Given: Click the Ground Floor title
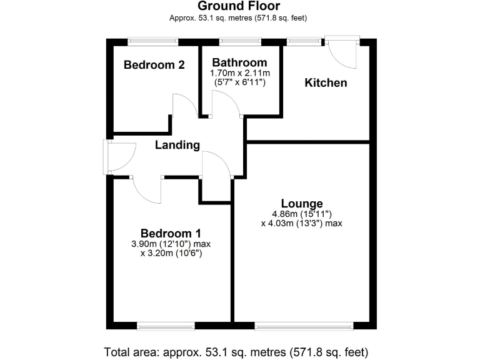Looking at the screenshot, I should click(x=239, y=7).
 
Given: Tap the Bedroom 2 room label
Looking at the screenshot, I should click(x=154, y=64).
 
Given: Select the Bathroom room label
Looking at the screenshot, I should click(x=239, y=62).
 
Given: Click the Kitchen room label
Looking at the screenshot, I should click(x=326, y=82).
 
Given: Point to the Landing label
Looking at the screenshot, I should click(x=177, y=146).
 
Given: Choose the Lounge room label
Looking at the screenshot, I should click(x=302, y=203).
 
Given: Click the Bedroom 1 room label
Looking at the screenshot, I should click(x=170, y=234).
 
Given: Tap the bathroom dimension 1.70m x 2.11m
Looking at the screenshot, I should click(x=239, y=73).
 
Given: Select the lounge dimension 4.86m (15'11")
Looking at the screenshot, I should click(x=302, y=214).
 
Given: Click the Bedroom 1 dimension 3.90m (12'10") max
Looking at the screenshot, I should click(x=170, y=244).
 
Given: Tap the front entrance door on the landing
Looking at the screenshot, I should click(x=121, y=157).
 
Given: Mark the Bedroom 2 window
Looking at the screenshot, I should click(x=153, y=42).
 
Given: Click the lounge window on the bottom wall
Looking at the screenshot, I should click(x=304, y=325).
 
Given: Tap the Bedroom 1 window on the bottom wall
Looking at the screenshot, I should click(x=166, y=325).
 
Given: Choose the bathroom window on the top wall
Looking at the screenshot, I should click(x=240, y=42).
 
